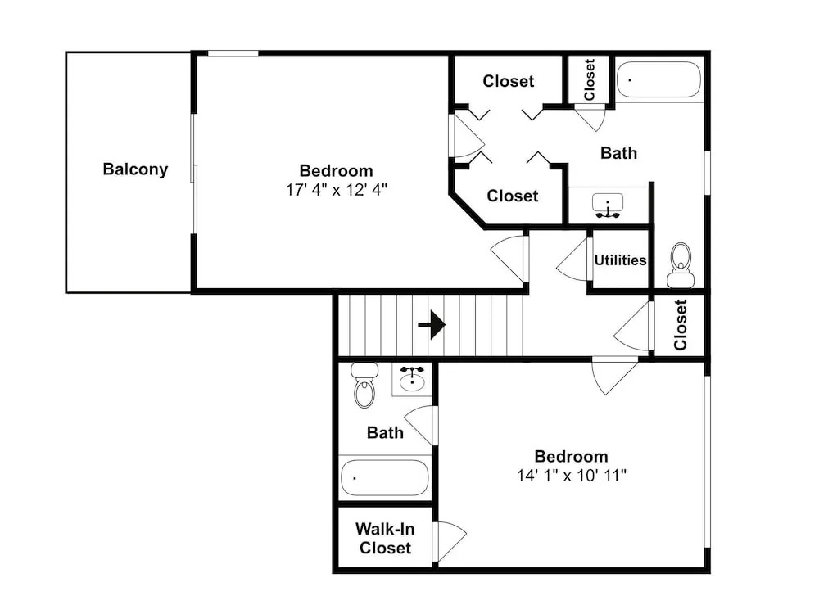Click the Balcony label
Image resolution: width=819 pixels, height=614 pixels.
(x=135, y=169)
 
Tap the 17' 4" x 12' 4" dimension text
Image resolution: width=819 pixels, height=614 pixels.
(x=337, y=190)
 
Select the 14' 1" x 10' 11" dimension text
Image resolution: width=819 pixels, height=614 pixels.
(x=572, y=475)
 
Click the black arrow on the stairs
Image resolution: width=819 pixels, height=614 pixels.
(x=432, y=325)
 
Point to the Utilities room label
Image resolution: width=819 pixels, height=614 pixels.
(x=620, y=260)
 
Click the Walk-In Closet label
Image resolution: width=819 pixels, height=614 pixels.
(x=385, y=539)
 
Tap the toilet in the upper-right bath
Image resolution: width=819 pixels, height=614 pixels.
(x=681, y=264)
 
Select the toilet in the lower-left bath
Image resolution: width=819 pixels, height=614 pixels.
(x=364, y=386)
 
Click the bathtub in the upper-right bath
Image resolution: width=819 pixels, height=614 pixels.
(x=658, y=79)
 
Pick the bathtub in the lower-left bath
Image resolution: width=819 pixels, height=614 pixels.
(x=384, y=478)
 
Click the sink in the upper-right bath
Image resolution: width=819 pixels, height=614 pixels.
(x=608, y=205)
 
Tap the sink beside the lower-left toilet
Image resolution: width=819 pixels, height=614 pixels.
(x=413, y=378)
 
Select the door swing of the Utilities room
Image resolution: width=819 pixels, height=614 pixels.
(x=572, y=260)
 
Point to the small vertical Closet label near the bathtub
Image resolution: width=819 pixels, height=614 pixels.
(x=590, y=79)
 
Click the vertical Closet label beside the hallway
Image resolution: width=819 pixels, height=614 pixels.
(x=680, y=325)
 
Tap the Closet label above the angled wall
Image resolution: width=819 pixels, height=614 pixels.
(x=513, y=196)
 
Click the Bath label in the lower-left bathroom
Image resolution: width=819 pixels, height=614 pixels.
(x=385, y=432)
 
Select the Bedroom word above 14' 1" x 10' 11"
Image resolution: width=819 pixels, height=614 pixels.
(x=572, y=456)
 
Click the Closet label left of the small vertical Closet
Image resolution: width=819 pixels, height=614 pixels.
(x=509, y=81)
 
